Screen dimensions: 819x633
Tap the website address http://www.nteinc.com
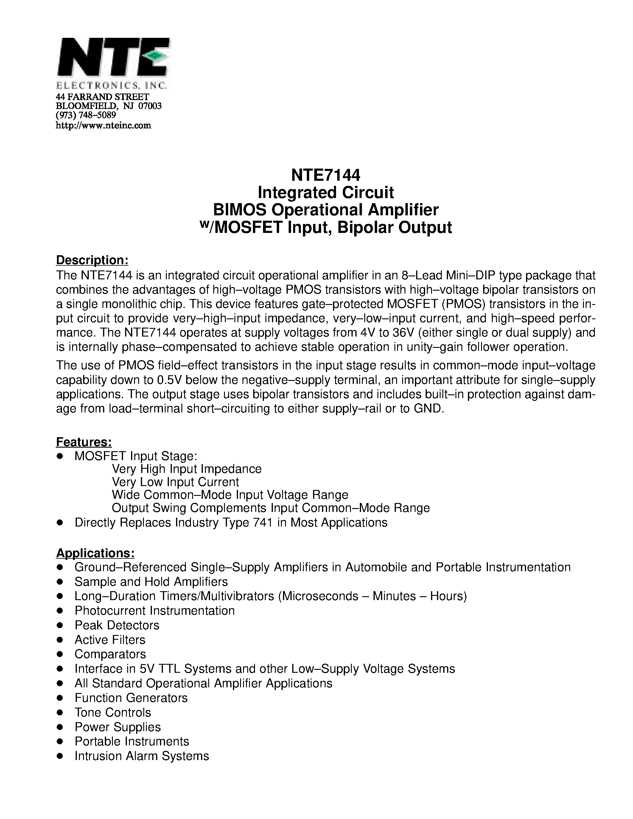tap(103, 125)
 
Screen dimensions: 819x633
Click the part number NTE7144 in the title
tap(326, 175)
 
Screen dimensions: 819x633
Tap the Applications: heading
tap(95, 553)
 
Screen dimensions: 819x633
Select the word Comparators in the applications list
tap(110, 654)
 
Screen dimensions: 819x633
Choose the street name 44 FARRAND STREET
tap(102, 97)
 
